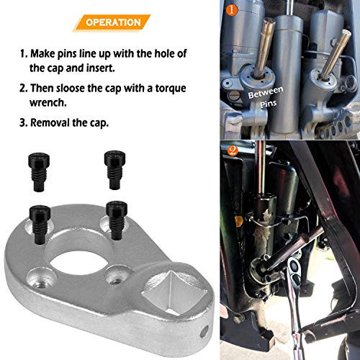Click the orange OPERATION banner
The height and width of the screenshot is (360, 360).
113,22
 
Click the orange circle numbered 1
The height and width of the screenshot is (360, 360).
230,10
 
